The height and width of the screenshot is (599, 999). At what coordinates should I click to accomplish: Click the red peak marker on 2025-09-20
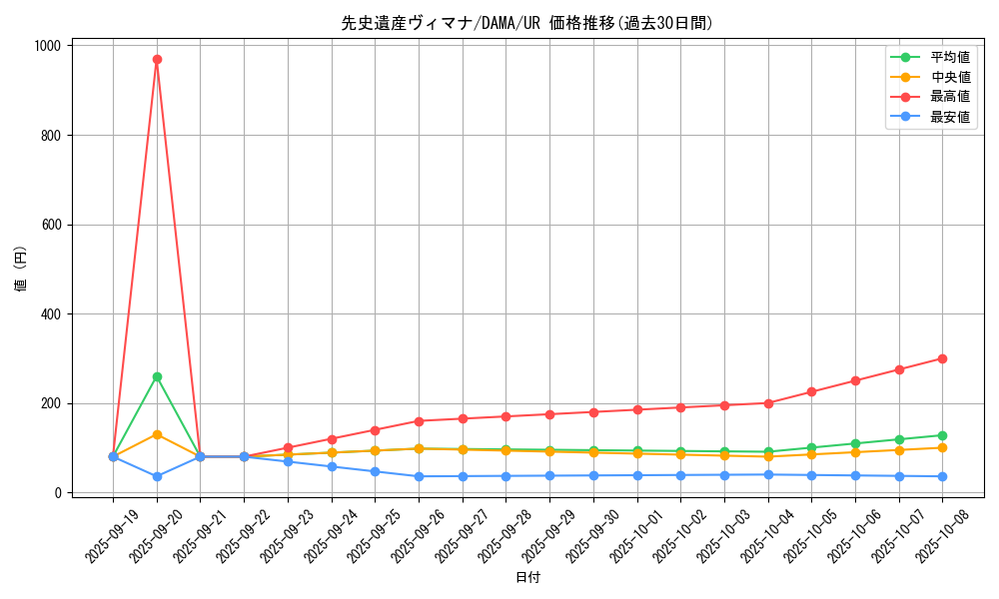(x=157, y=59)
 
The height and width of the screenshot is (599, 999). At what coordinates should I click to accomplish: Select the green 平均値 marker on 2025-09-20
(x=157, y=376)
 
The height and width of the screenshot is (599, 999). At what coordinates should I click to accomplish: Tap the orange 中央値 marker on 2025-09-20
(x=157, y=434)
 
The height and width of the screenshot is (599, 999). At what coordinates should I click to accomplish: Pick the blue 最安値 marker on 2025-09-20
(x=157, y=476)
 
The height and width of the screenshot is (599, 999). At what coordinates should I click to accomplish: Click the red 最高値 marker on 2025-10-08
(x=942, y=358)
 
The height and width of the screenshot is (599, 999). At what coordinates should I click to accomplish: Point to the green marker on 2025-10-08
(x=942, y=435)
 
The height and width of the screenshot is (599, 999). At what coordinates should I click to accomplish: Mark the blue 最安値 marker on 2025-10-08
(x=942, y=476)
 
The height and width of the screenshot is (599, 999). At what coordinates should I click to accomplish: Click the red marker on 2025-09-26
(x=419, y=421)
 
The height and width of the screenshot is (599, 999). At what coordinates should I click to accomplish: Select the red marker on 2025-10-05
(x=811, y=391)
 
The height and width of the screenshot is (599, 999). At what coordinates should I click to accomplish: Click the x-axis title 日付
(x=527, y=578)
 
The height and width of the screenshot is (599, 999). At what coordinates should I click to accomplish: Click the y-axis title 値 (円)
(x=21, y=270)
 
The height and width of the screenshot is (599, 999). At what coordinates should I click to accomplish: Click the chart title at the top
(x=527, y=23)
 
